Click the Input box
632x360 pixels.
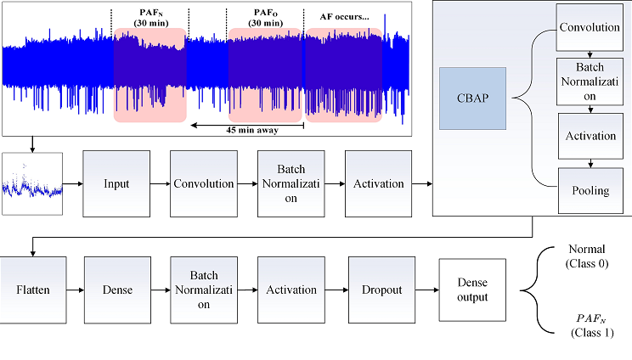116,183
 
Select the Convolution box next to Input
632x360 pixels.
204,183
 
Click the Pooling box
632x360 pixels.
590,190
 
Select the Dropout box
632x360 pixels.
381,290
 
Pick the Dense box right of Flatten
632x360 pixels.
117,290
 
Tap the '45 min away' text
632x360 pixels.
245,130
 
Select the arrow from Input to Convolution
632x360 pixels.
160,183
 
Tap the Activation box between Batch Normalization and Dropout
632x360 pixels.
291,290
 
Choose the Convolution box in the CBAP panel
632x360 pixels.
590,27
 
